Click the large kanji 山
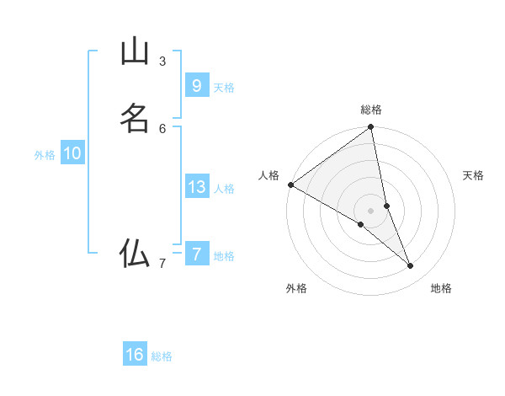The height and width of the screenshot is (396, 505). click(x=135, y=52)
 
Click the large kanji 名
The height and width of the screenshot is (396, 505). click(x=135, y=118)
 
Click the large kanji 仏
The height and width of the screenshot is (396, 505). click(x=135, y=253)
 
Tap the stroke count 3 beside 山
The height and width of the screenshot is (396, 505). click(x=162, y=62)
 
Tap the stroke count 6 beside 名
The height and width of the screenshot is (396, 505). click(x=162, y=128)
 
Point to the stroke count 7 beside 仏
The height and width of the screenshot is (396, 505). click(x=162, y=264)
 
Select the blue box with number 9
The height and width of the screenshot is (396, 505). click(x=196, y=85)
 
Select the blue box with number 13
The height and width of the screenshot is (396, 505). click(x=196, y=187)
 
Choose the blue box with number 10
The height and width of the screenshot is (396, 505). click(x=72, y=153)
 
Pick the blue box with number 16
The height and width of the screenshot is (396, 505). click(x=135, y=355)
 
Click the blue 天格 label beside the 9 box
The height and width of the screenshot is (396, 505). click(x=224, y=88)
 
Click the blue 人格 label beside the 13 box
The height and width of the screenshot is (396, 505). click(x=224, y=189)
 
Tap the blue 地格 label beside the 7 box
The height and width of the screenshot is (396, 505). click(x=224, y=256)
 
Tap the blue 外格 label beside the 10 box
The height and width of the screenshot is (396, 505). click(x=45, y=155)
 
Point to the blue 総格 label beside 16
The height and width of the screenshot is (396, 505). click(x=162, y=356)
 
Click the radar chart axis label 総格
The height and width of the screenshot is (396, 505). click(x=371, y=110)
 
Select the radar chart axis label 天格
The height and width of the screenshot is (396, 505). click(x=474, y=175)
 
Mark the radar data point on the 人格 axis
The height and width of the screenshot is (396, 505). click(x=290, y=185)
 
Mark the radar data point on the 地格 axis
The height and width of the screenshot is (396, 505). click(x=411, y=266)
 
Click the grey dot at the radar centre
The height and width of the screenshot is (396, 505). click(x=371, y=210)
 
